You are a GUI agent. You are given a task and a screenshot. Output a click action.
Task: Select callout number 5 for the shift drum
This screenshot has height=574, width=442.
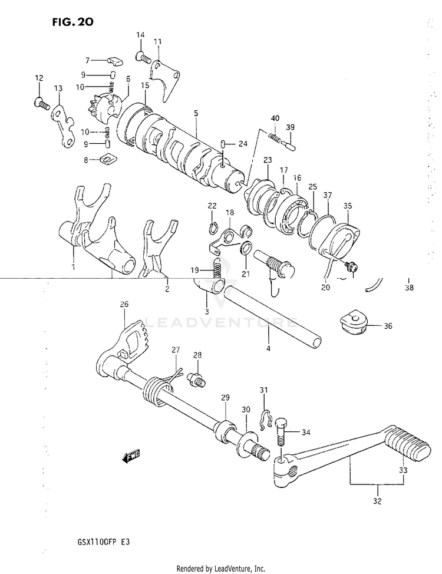[196, 113]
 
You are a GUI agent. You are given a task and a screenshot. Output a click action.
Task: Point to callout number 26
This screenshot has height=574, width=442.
[124, 305]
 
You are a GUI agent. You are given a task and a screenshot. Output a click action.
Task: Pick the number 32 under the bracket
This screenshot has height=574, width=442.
[377, 502]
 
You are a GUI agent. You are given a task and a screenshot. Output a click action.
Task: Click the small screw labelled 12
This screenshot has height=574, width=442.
[41, 104]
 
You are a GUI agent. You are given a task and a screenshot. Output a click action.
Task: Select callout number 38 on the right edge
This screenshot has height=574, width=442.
[409, 288]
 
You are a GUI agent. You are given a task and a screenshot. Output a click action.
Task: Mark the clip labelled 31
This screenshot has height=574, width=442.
[265, 420]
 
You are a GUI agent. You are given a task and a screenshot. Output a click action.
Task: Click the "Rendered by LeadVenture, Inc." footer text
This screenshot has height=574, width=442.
[221, 568]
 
